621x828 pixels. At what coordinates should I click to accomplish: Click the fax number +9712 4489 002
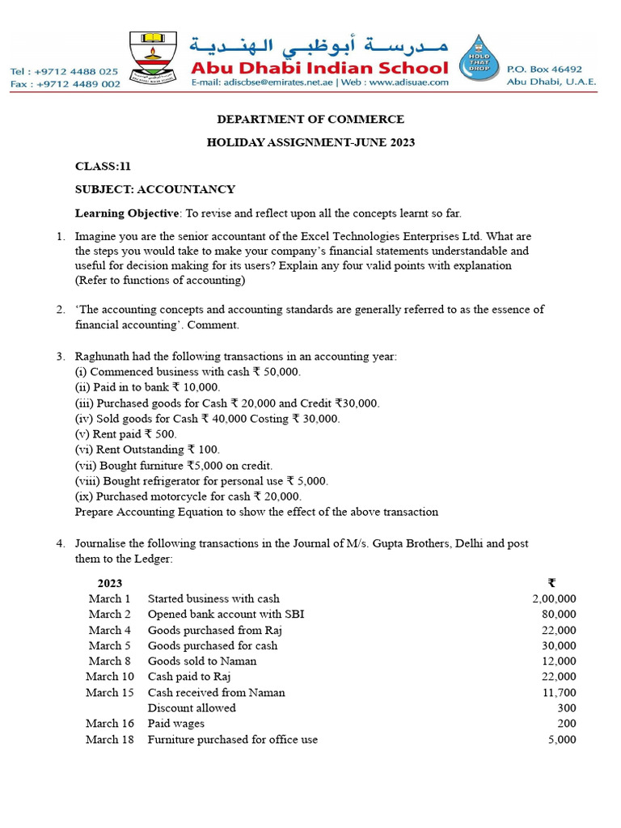(x=65, y=84)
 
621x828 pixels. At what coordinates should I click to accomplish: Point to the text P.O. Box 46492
(x=544, y=70)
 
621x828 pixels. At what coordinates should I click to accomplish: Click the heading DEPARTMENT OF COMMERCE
(x=310, y=120)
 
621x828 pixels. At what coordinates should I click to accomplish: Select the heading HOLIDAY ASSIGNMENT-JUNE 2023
(x=310, y=143)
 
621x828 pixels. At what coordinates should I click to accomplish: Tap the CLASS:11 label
(x=103, y=167)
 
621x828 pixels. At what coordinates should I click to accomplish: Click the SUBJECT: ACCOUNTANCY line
(x=155, y=190)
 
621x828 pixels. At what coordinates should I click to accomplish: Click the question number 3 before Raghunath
(x=60, y=357)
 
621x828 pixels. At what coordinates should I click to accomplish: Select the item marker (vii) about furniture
(x=86, y=466)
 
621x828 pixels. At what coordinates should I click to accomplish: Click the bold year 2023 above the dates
(x=110, y=584)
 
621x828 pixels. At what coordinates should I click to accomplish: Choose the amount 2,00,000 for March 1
(x=554, y=599)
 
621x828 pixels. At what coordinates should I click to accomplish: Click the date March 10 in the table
(x=110, y=677)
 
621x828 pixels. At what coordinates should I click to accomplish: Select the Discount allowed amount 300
(x=567, y=708)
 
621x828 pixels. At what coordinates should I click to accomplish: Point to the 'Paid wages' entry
(x=175, y=724)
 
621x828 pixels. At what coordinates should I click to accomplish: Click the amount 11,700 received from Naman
(x=559, y=693)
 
